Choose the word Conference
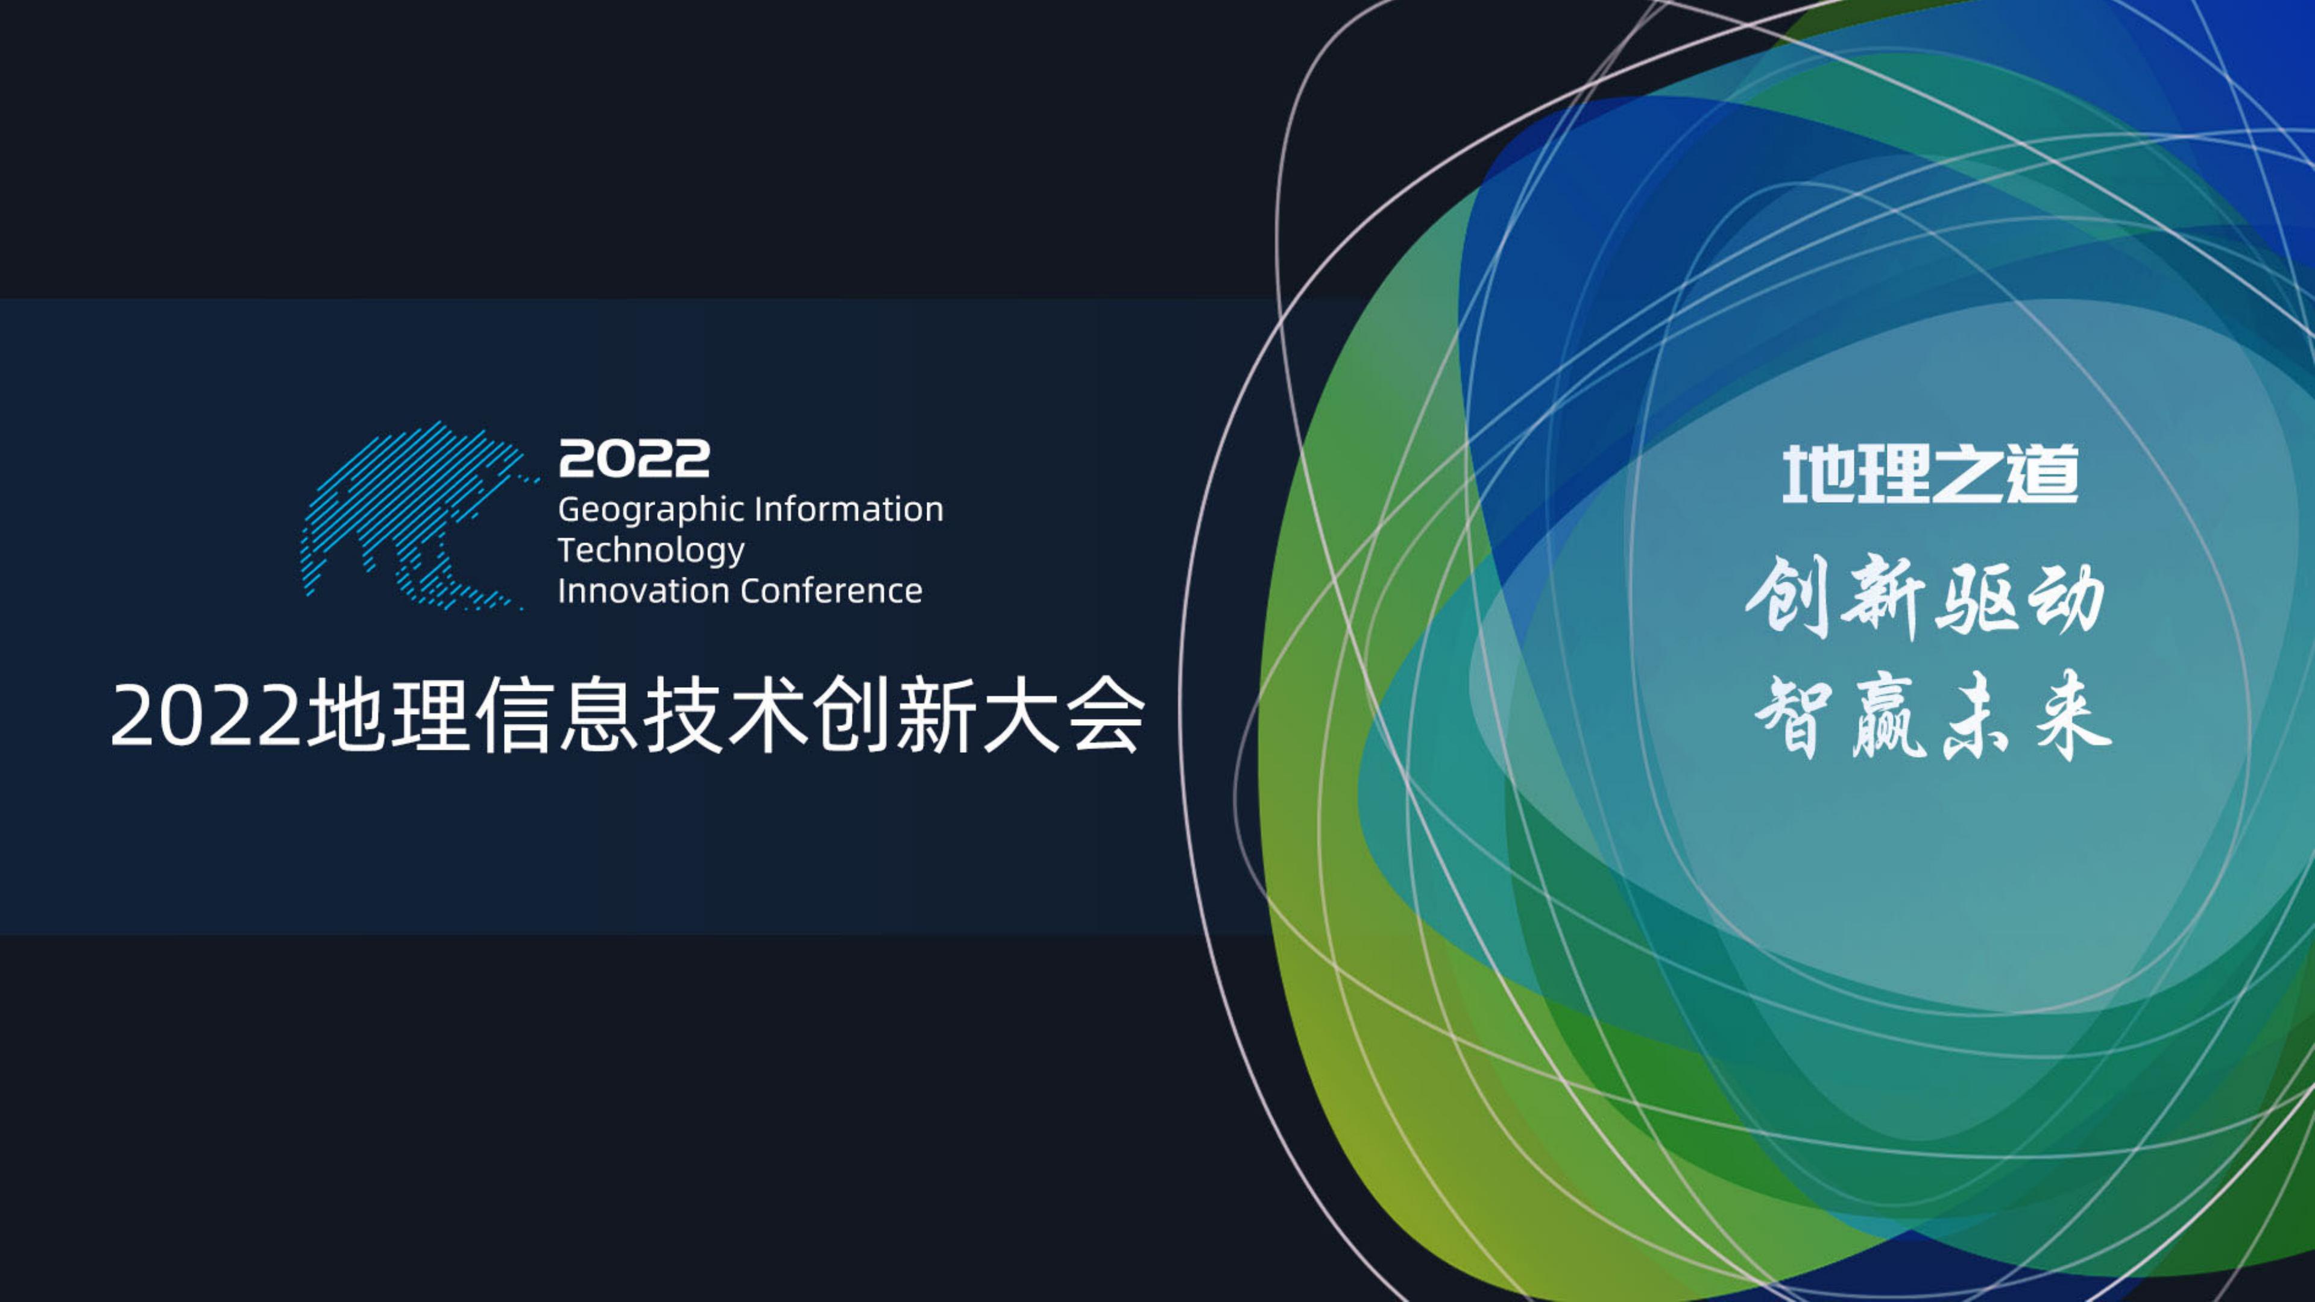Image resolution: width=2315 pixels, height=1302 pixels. coord(831,590)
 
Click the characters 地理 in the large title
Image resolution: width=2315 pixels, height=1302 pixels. coord(388,715)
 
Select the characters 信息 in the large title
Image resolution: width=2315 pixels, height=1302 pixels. coord(557,715)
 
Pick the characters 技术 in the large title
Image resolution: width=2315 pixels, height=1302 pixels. coord(726,715)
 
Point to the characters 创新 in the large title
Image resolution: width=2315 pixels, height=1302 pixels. coord(895,715)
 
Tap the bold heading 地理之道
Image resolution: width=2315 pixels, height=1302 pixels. coord(1930,474)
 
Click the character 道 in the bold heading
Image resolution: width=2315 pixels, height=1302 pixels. coord(2043,474)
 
